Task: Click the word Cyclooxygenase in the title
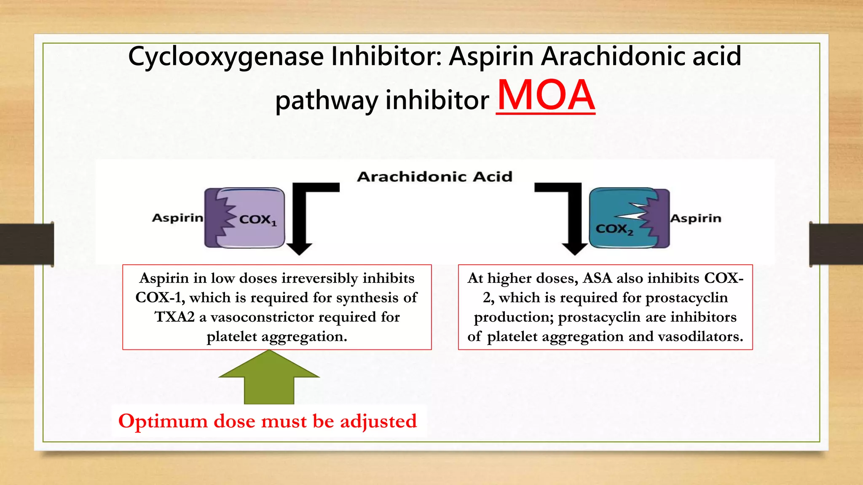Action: (x=225, y=57)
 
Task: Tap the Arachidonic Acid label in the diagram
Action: (x=434, y=176)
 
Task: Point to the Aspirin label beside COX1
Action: (x=177, y=218)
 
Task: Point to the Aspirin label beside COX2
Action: (x=696, y=219)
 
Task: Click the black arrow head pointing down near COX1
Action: (x=299, y=249)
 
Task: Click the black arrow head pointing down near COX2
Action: (x=575, y=249)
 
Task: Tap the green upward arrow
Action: (x=269, y=377)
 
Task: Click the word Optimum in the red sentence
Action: (x=163, y=421)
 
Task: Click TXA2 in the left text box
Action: (x=174, y=317)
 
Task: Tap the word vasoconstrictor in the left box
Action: (x=263, y=317)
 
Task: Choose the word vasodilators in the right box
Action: (x=700, y=336)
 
